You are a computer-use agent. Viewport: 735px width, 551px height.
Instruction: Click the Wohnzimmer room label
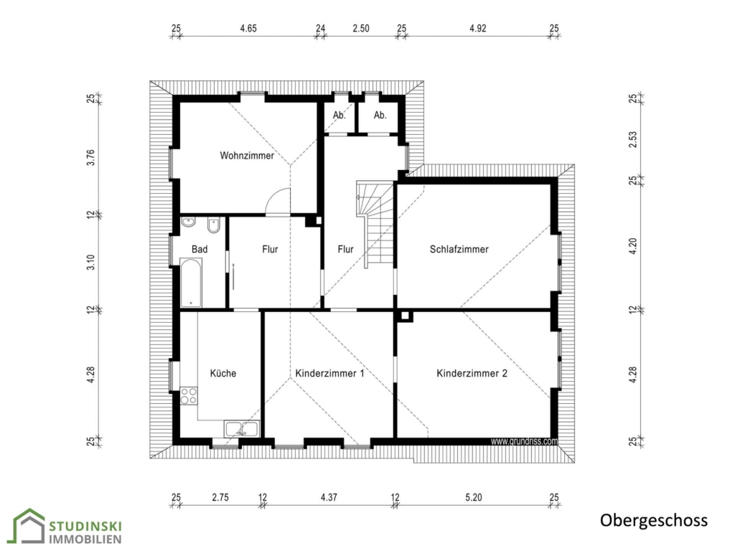pos(247,155)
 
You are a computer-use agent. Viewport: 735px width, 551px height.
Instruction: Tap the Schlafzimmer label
pos(459,249)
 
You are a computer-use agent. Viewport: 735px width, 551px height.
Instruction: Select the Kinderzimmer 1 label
pos(329,373)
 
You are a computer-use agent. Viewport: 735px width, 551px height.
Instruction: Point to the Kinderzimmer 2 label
pos(472,373)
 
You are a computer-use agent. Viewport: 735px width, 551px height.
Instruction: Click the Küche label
pos(223,373)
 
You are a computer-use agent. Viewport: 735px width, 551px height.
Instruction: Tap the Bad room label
pos(200,249)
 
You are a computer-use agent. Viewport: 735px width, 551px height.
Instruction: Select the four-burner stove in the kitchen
pos(189,395)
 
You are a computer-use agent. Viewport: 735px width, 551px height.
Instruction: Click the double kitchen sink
pos(241,429)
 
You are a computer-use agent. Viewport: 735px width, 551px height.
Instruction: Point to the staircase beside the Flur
pos(375,224)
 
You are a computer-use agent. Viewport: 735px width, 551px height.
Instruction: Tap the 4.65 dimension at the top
pos(248,29)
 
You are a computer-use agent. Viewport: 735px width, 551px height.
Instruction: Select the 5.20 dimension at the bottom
pos(474,497)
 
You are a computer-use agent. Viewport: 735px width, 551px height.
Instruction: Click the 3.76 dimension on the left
pos(91,157)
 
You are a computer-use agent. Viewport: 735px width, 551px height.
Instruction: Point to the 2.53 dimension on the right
pos(633,140)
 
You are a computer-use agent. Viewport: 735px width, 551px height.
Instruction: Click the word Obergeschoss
pos(654,521)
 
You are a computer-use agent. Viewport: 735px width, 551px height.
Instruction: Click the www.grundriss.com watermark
pos(524,441)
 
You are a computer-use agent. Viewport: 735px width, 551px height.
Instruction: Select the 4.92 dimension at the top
pos(477,29)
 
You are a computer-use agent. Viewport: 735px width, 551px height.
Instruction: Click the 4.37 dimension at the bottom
pos(329,497)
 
